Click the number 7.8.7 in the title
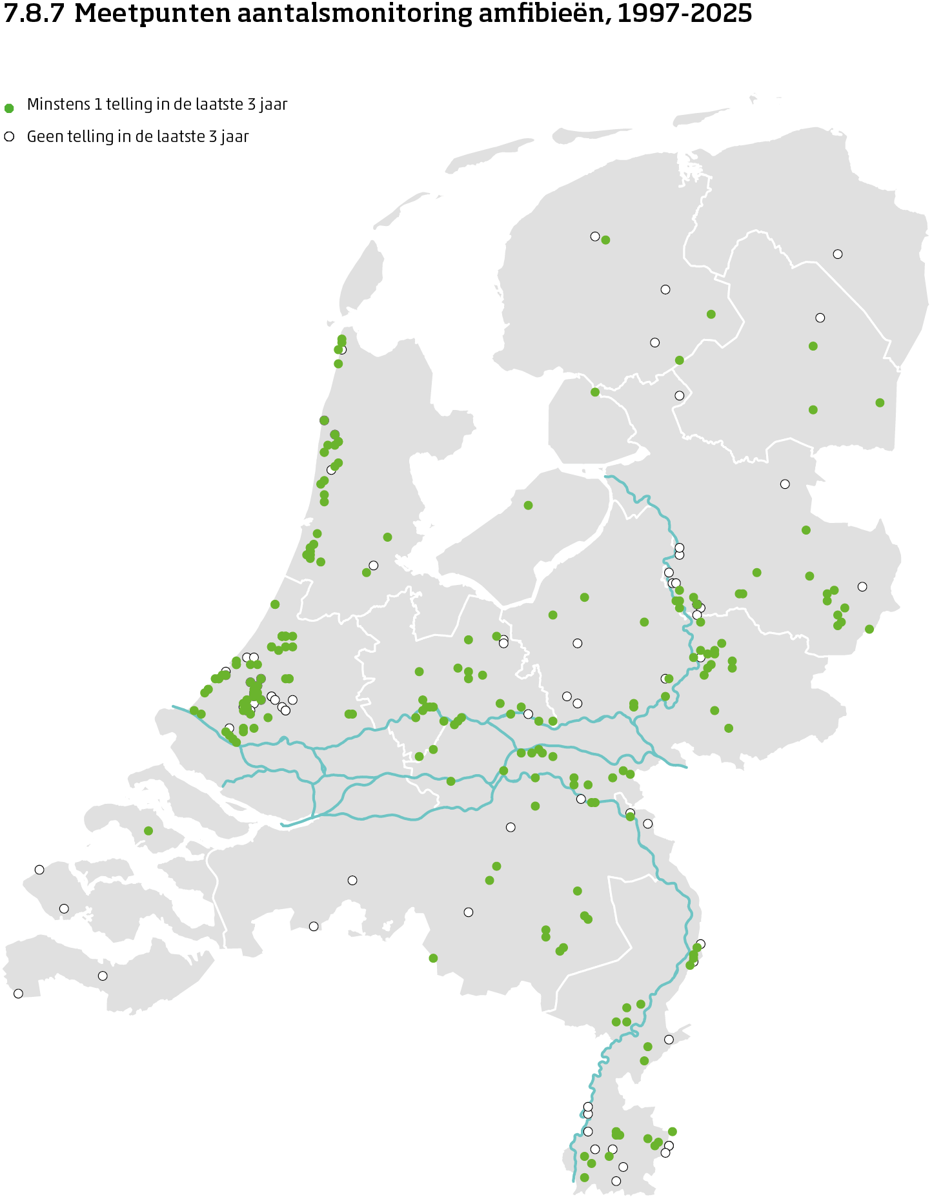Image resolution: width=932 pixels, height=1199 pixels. (34, 14)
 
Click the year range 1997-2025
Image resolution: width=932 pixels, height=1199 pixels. (684, 14)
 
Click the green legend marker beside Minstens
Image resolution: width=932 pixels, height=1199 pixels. (9, 108)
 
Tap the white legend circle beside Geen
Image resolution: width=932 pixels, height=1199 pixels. (9, 136)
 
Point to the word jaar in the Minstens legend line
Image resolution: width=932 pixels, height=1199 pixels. (274, 105)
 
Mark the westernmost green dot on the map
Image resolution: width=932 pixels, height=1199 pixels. (148, 830)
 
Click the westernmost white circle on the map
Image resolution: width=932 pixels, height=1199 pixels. (18, 994)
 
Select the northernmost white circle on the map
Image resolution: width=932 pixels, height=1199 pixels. (595, 236)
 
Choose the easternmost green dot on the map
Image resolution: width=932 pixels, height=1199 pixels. (880, 403)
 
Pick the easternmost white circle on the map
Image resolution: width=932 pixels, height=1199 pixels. (862, 586)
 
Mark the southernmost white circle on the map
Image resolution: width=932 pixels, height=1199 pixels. (616, 1181)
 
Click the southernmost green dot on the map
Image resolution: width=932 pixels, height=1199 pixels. (584, 1178)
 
